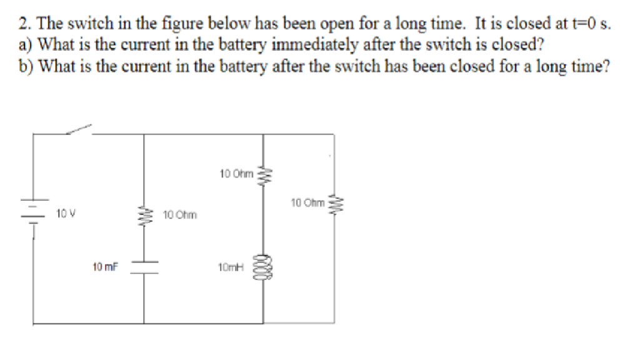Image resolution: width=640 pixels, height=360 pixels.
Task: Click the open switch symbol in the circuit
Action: point(78,129)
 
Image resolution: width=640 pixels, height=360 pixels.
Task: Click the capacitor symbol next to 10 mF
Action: point(145,267)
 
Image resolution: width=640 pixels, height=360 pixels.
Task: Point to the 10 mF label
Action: point(106,267)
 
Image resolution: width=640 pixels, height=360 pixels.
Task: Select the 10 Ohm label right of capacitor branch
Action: point(180,216)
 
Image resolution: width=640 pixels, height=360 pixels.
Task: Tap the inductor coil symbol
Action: point(264,267)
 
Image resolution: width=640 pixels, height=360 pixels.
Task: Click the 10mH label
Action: point(230,267)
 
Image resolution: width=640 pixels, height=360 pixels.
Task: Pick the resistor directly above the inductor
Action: point(264,174)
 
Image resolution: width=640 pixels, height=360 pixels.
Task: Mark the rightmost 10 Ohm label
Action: point(307,202)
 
